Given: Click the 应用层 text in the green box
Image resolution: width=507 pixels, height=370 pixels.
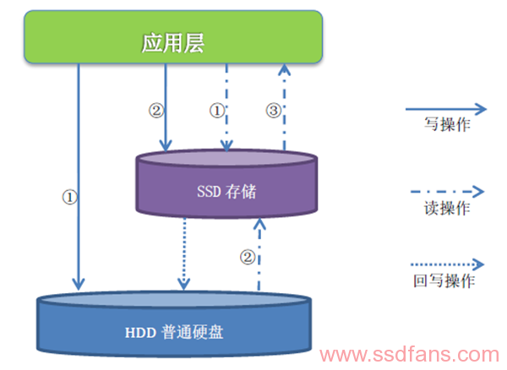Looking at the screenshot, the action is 173,43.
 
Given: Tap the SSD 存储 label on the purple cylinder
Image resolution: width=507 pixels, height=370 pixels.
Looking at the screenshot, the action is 226,191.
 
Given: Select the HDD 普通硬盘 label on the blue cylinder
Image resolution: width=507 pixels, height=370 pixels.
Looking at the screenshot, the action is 174,332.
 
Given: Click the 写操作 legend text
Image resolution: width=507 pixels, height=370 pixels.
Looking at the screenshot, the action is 447,124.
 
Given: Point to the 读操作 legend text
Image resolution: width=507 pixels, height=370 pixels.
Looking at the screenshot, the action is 447,208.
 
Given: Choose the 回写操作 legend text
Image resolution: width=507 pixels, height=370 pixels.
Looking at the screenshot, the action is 444,280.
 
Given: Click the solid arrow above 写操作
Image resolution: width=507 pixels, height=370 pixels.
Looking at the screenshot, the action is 446,109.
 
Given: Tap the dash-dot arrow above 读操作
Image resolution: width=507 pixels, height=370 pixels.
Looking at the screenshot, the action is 447,192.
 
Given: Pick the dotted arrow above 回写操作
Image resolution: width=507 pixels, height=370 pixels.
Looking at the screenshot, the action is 447,264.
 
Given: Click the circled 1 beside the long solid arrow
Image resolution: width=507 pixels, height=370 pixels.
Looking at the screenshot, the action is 69,197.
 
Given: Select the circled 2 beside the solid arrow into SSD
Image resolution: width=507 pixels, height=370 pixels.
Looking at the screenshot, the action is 156,111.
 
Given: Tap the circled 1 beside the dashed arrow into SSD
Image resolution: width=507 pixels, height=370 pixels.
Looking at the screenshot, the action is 217,111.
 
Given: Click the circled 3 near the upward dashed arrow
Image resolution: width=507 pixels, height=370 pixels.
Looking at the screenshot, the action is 274,111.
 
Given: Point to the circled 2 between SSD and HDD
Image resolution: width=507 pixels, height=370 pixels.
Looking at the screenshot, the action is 248,258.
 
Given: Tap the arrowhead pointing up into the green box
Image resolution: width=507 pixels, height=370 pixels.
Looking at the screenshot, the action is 284,69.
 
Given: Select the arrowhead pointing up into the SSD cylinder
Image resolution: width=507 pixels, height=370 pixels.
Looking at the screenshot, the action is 259,224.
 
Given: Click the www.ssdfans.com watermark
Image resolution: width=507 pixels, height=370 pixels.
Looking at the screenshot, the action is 409,355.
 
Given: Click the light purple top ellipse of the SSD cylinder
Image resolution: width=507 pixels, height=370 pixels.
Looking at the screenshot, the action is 226,158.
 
